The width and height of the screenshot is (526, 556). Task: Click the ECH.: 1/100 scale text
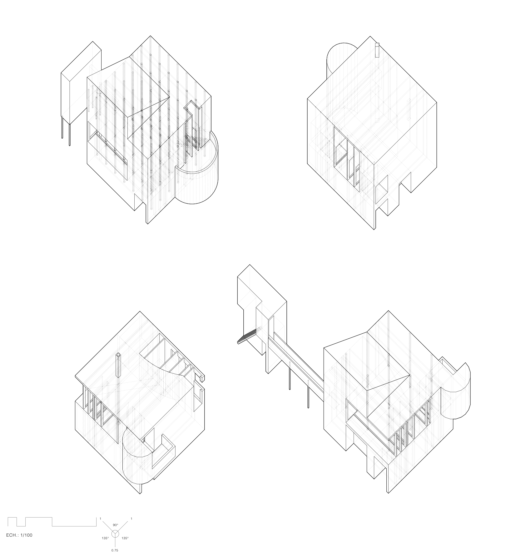(x=19, y=535)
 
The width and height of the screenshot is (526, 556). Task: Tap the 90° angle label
(x=115, y=525)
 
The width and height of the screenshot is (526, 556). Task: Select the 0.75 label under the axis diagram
(x=115, y=550)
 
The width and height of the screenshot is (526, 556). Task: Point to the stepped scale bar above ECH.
(x=52, y=522)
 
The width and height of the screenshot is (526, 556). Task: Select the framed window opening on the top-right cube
(x=347, y=158)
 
